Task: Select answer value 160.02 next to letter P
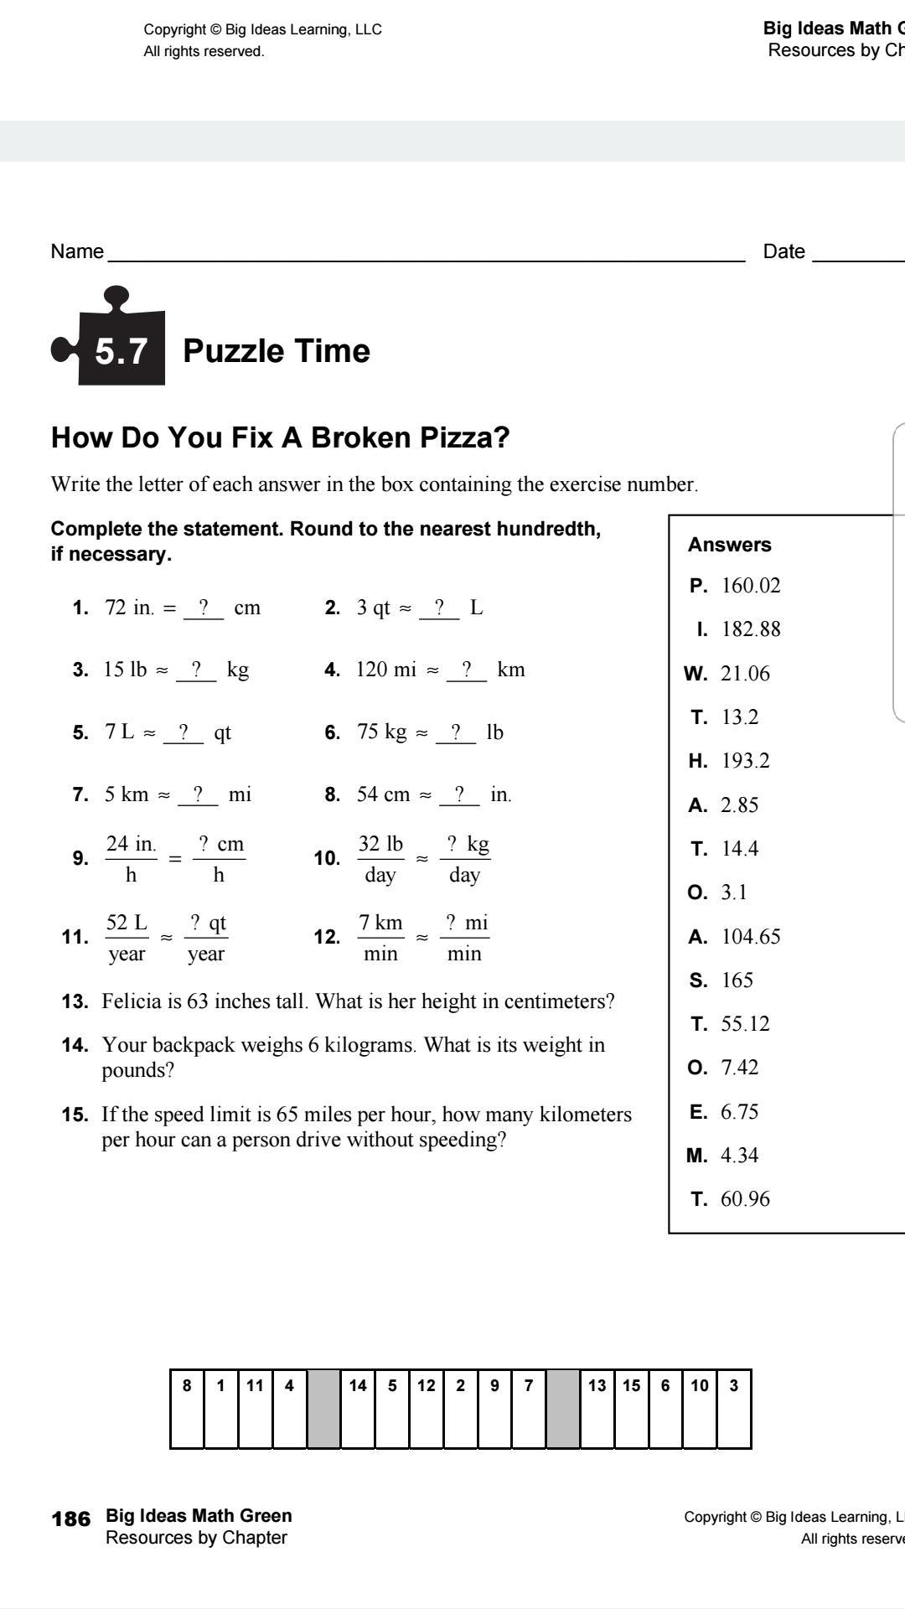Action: coord(751,586)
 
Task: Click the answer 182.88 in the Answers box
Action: coord(751,629)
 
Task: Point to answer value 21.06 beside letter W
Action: coord(745,674)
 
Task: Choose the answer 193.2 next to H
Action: coord(745,761)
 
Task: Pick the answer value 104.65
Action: coord(751,937)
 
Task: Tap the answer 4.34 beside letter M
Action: coord(739,1156)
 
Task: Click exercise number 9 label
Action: coord(80,858)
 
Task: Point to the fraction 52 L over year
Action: coord(127,938)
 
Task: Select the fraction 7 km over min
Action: coord(380,938)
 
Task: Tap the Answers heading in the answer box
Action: coord(729,545)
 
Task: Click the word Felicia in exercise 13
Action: coord(131,1001)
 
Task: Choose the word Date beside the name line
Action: coord(783,251)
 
